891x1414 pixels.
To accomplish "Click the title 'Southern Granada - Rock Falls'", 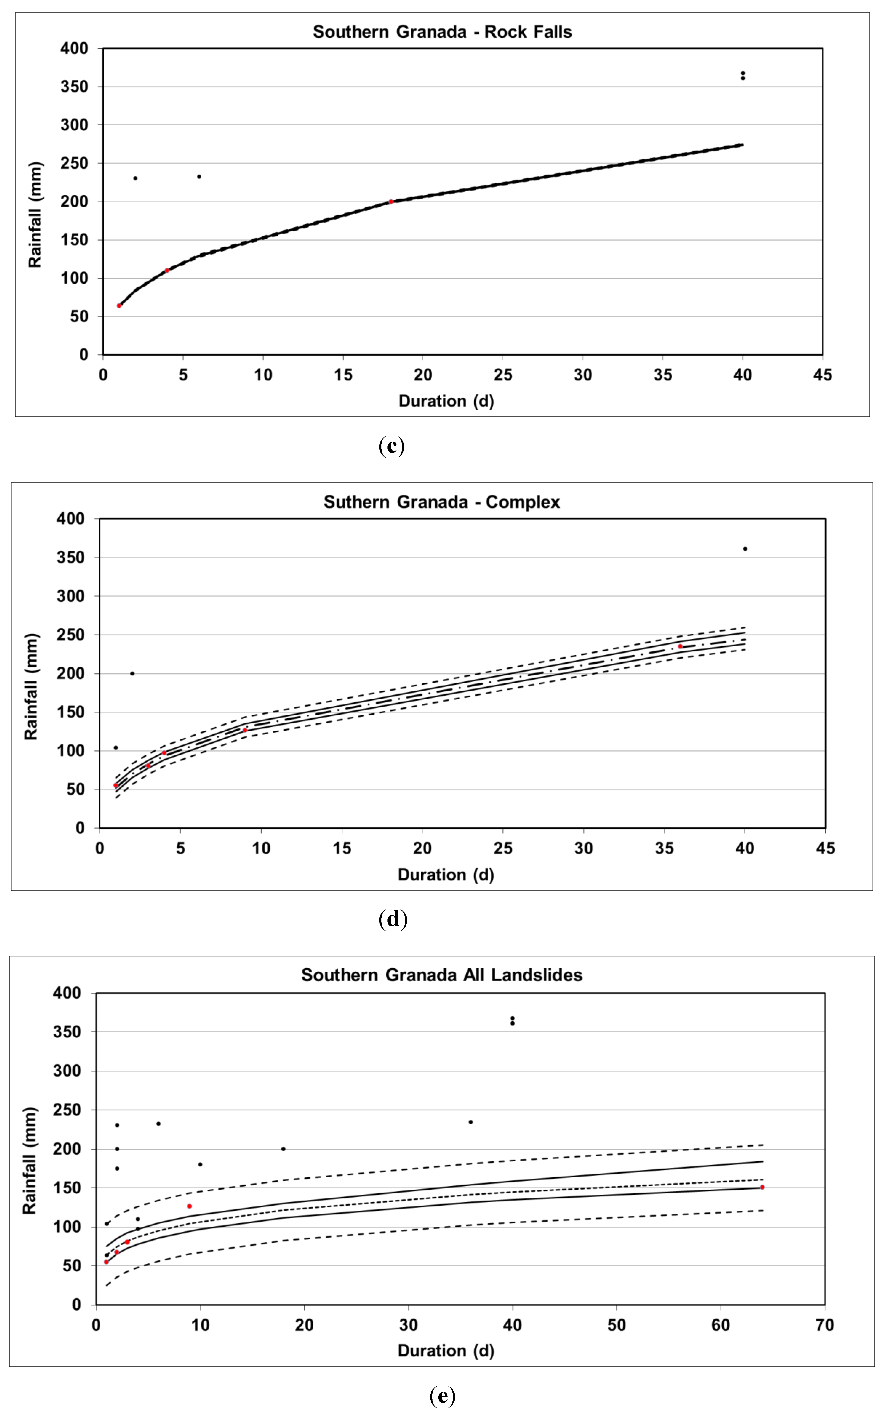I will point(442,32).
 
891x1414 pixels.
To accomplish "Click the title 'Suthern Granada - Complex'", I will point(442,502).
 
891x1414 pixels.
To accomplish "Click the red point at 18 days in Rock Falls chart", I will point(391,201).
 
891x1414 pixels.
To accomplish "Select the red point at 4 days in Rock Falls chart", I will point(167,270).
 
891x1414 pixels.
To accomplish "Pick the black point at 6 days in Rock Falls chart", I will point(199,176).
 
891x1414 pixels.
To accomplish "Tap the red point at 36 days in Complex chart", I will point(680,646).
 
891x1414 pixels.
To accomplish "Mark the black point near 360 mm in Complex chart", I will point(745,548).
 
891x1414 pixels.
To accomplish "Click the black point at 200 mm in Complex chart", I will point(132,673).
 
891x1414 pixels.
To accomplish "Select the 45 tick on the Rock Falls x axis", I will point(822,375).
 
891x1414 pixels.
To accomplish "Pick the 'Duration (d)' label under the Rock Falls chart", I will point(446,401).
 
